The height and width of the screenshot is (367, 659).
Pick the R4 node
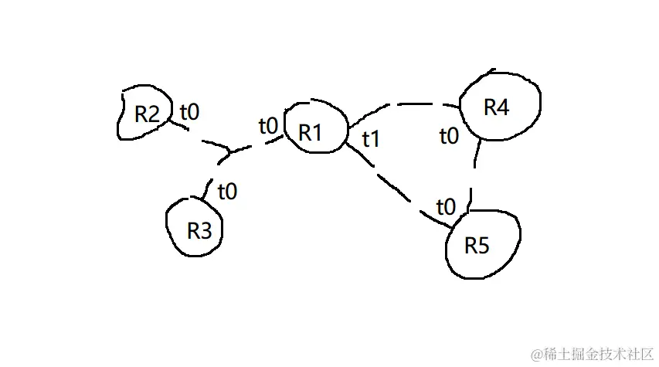[x=498, y=108]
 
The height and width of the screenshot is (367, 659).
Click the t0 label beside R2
[x=189, y=112]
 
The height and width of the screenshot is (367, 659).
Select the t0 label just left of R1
[x=268, y=125]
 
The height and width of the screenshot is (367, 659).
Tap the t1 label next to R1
[x=372, y=139]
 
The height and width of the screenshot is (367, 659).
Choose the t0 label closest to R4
[x=448, y=137]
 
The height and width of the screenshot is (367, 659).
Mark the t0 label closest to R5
[x=447, y=207]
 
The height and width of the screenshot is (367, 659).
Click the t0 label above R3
[x=227, y=191]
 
